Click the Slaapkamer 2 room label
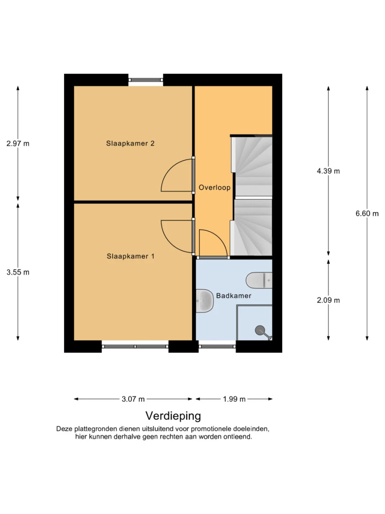pos(130,143)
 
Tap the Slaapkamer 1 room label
pos(130,256)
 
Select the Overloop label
pos(214,188)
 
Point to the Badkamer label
pos(233,296)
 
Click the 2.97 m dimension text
pos(18,143)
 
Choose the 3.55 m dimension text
pos(18,272)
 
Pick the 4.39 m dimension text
pos(328,171)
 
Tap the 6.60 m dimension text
pos(367,214)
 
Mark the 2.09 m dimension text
pos(328,300)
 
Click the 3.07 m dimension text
pos(133,399)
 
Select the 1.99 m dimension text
pos(234,399)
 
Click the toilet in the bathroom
pos(259,280)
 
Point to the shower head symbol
pos(263,331)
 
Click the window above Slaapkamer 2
pos(146,80)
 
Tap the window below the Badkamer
pos(217,346)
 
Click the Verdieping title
pos(173,416)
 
